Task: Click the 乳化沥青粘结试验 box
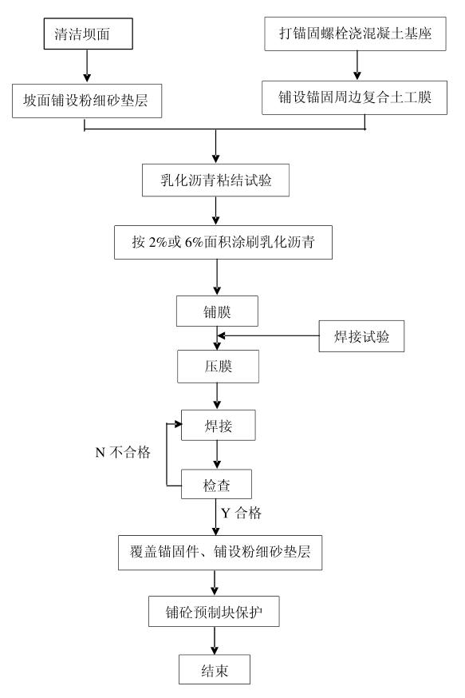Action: click(216, 179)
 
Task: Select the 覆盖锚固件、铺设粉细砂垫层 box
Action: click(219, 553)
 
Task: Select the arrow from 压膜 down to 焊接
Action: click(217, 395)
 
